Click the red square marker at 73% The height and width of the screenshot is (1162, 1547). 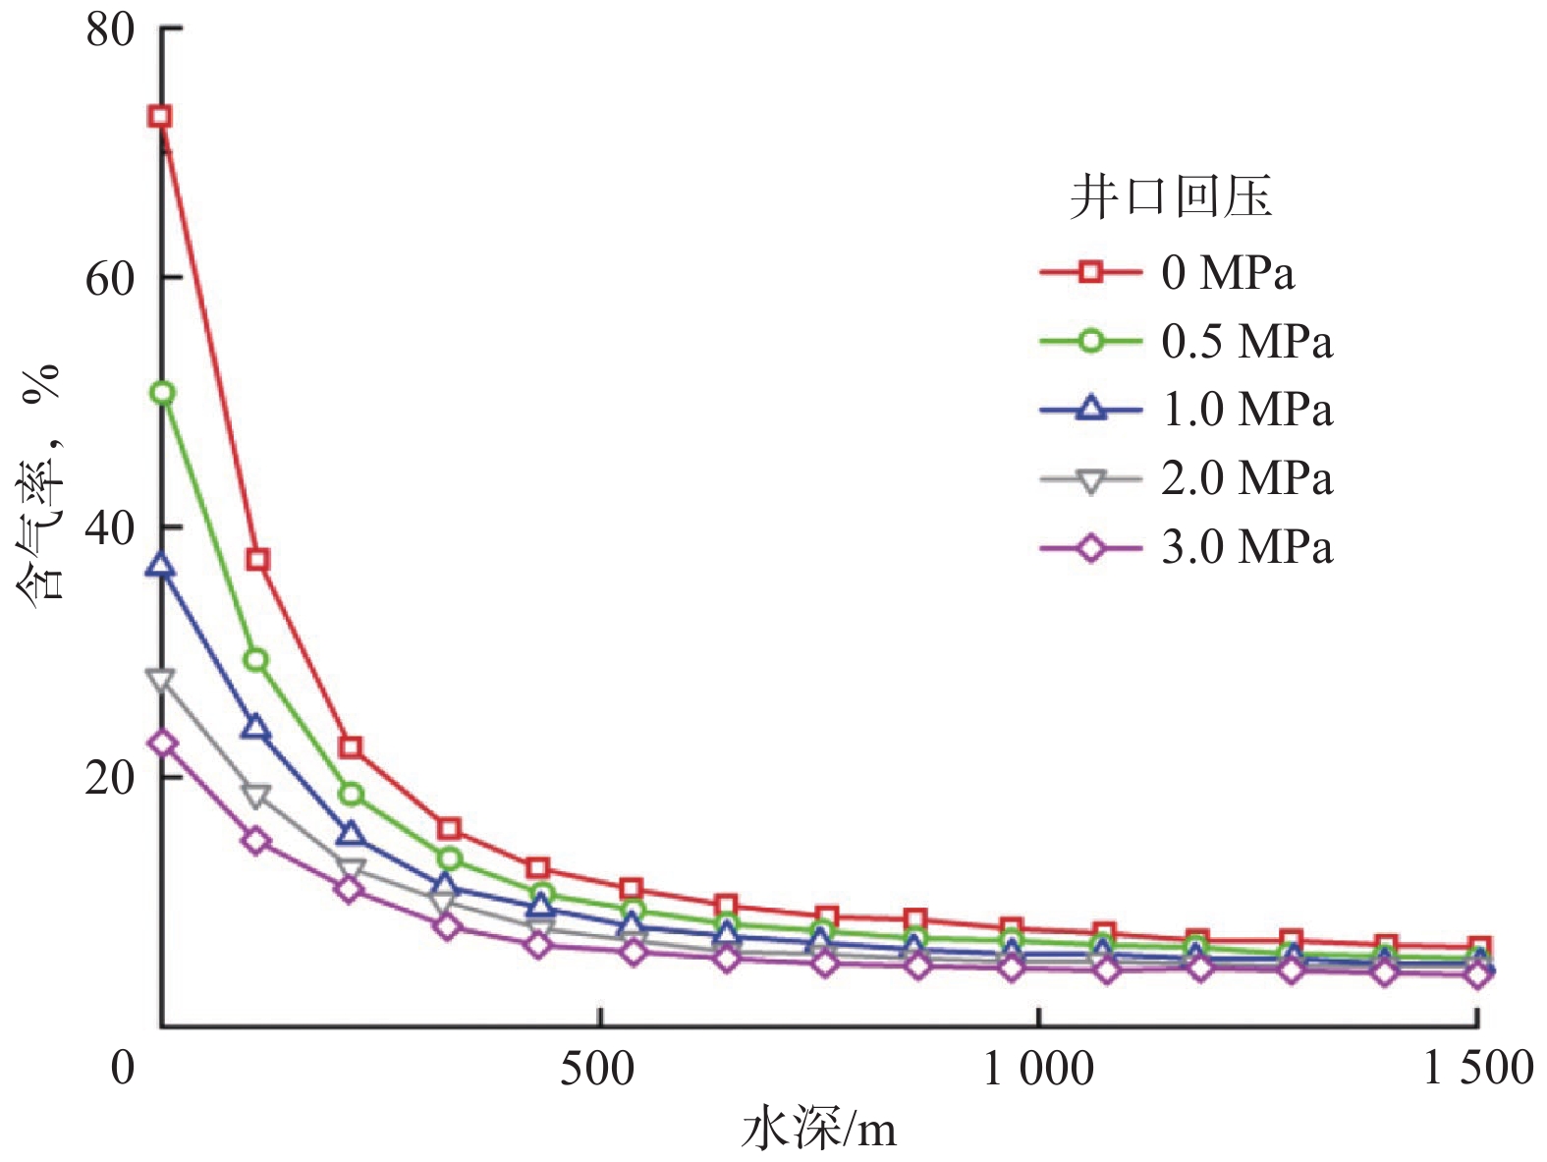point(160,117)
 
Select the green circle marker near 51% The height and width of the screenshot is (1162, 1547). point(162,394)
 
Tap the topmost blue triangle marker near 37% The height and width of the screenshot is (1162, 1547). point(161,566)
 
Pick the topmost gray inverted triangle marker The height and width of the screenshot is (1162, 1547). point(160,680)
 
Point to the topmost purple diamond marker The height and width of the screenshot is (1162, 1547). point(162,744)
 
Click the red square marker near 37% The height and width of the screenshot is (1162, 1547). point(257,560)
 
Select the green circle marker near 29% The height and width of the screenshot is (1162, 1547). point(256,660)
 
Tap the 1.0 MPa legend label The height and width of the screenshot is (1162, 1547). point(1246,410)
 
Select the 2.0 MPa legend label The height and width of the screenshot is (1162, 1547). point(1246,478)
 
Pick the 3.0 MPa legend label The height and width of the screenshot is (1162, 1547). point(1246,546)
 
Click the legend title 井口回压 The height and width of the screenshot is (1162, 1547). point(1171,197)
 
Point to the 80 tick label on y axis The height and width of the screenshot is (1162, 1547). point(109,29)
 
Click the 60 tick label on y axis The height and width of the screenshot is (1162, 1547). point(109,279)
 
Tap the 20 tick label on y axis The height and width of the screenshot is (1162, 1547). point(109,778)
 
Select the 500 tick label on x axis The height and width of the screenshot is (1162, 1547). point(597,1069)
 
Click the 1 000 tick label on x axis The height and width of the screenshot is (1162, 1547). point(1038,1069)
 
